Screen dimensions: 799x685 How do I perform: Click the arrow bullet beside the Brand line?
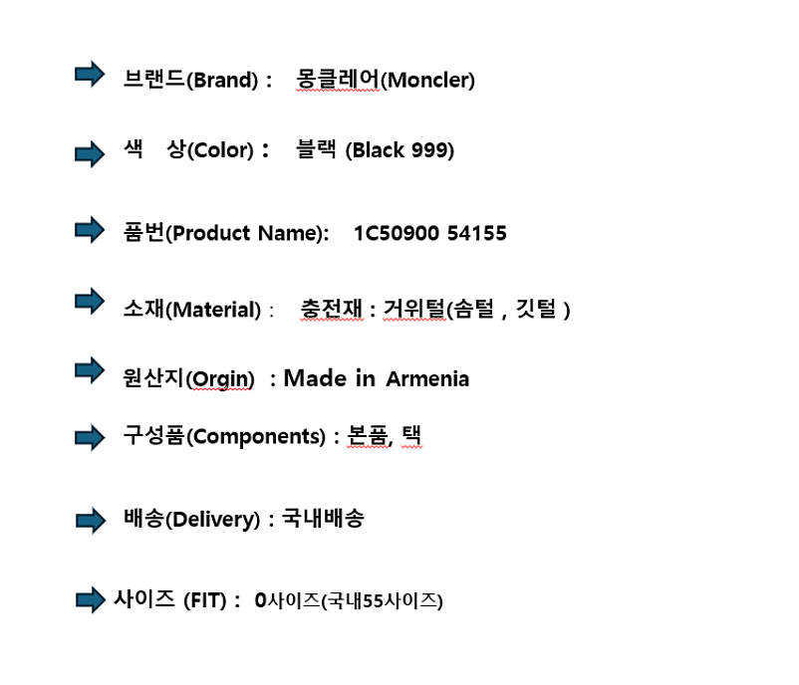click(x=90, y=75)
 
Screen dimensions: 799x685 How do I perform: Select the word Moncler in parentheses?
click(x=427, y=80)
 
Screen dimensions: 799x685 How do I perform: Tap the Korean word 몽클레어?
click(x=338, y=79)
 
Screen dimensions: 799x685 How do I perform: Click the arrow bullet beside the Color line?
click(x=90, y=153)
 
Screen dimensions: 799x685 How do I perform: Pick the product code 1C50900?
click(x=397, y=233)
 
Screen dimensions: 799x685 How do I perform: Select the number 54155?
click(x=477, y=233)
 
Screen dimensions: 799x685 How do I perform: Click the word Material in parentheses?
click(x=213, y=310)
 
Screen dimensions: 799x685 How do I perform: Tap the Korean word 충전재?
click(x=332, y=309)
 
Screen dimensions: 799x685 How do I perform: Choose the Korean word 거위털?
click(x=414, y=309)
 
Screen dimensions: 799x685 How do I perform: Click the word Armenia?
click(x=427, y=379)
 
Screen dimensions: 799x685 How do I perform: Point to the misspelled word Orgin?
click(x=219, y=379)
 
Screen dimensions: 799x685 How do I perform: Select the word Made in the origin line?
click(x=315, y=378)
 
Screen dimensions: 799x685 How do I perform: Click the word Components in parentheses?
click(x=256, y=437)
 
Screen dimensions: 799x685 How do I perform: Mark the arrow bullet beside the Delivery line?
click(x=91, y=521)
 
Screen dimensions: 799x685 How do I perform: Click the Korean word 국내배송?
click(x=323, y=519)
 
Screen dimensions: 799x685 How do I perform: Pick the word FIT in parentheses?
click(x=205, y=601)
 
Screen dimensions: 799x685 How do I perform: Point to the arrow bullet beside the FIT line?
click(x=91, y=599)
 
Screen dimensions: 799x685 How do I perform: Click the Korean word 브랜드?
click(x=153, y=79)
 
